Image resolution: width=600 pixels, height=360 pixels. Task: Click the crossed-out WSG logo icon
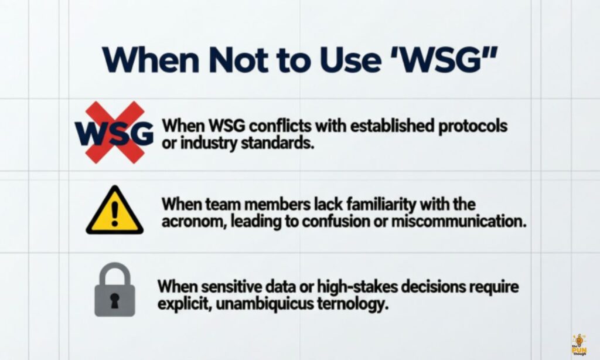point(115,133)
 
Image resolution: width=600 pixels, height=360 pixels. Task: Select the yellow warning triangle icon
point(115,212)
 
